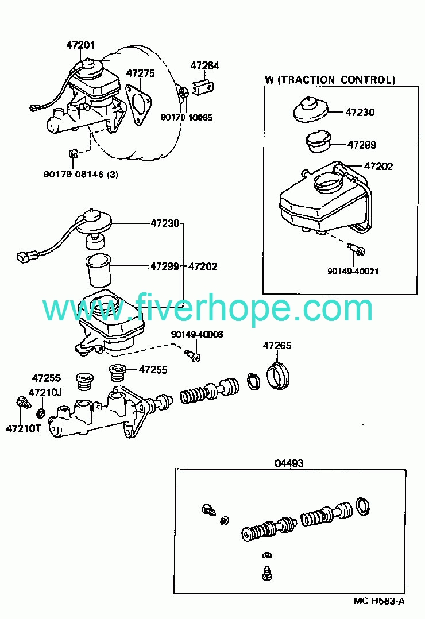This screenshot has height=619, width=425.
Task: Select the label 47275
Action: tap(141, 73)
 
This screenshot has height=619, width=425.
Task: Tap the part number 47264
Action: tap(205, 65)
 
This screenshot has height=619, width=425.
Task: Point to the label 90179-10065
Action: tap(186, 118)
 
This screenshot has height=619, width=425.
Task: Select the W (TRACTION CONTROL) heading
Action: tap(330, 80)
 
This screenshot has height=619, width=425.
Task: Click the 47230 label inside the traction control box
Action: tap(360, 112)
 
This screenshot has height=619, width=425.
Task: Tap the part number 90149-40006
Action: tap(197, 335)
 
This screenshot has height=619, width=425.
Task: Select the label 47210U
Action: tap(45, 392)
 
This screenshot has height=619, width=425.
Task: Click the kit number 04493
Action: tap(288, 462)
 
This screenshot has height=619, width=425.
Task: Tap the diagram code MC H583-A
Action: tap(379, 601)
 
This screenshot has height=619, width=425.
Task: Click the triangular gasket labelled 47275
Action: tap(138, 103)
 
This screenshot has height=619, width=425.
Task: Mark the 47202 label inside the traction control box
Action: tap(378, 166)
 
